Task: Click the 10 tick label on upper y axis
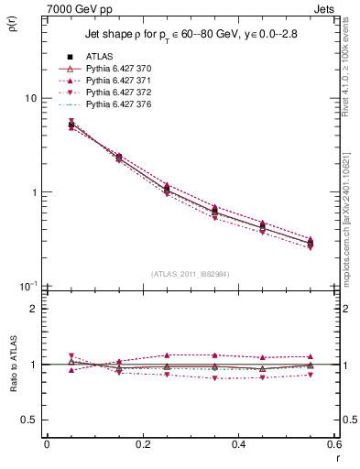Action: [29, 98]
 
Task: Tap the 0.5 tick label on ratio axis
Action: [29, 420]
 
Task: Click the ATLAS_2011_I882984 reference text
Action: [191, 274]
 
